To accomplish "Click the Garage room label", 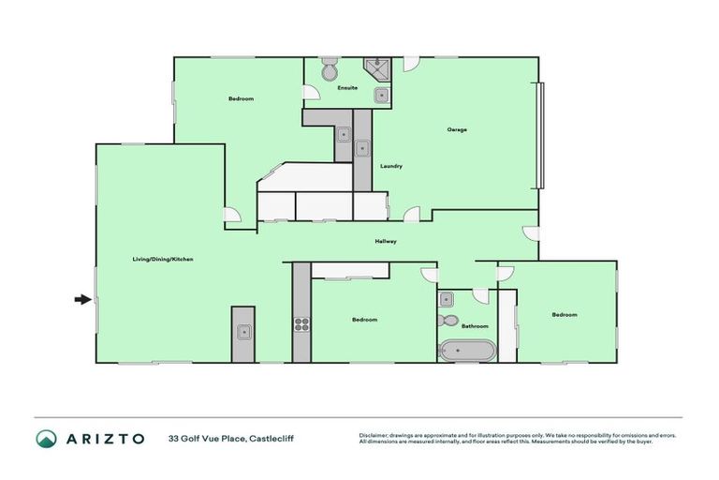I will tap(457, 129).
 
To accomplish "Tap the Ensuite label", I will tap(347, 88).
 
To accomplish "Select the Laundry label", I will tap(391, 166).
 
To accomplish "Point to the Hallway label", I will tap(386, 242).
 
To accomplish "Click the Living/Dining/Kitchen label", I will tap(161, 259).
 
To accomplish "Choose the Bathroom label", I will tap(462, 326).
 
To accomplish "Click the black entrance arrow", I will tap(83, 299).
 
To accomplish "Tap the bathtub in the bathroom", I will tap(465, 352).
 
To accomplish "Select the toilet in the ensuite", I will tap(330, 70).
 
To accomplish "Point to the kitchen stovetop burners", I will tap(301, 325).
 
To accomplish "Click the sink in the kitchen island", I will tap(243, 331).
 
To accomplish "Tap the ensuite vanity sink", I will tap(381, 95).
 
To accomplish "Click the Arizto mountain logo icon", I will tap(46, 438).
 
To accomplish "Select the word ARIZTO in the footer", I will tap(104, 438).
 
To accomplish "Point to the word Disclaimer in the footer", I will tap(375, 435).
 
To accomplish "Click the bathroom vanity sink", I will tap(447, 299).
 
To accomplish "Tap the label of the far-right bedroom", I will tap(565, 315).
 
